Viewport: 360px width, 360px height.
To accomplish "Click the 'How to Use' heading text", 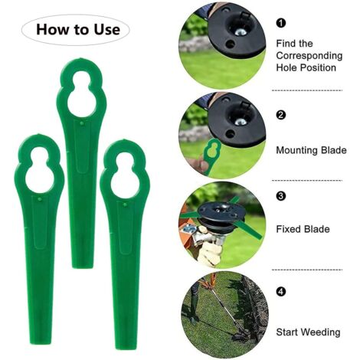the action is click(x=78, y=30).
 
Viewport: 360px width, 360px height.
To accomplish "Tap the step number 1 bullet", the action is click(x=281, y=23).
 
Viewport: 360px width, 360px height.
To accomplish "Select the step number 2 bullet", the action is click(x=281, y=115).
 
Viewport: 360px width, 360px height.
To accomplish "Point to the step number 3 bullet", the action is click(x=281, y=196).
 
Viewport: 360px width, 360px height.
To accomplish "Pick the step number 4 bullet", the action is click(x=281, y=291).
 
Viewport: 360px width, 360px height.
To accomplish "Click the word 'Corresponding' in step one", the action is click(x=309, y=56).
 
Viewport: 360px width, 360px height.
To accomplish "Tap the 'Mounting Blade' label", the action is click(x=311, y=150).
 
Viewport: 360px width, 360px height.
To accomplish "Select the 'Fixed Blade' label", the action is click(x=303, y=229).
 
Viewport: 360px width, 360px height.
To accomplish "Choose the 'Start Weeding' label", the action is click(x=308, y=332).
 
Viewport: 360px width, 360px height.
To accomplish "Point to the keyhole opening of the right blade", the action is click(x=125, y=176).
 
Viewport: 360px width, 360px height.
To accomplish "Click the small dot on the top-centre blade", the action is click(x=81, y=124).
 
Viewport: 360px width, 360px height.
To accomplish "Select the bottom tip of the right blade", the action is click(x=126, y=348).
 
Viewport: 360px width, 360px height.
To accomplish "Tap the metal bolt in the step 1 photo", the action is click(x=241, y=31).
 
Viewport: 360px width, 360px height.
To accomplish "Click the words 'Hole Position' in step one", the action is click(x=306, y=67).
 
